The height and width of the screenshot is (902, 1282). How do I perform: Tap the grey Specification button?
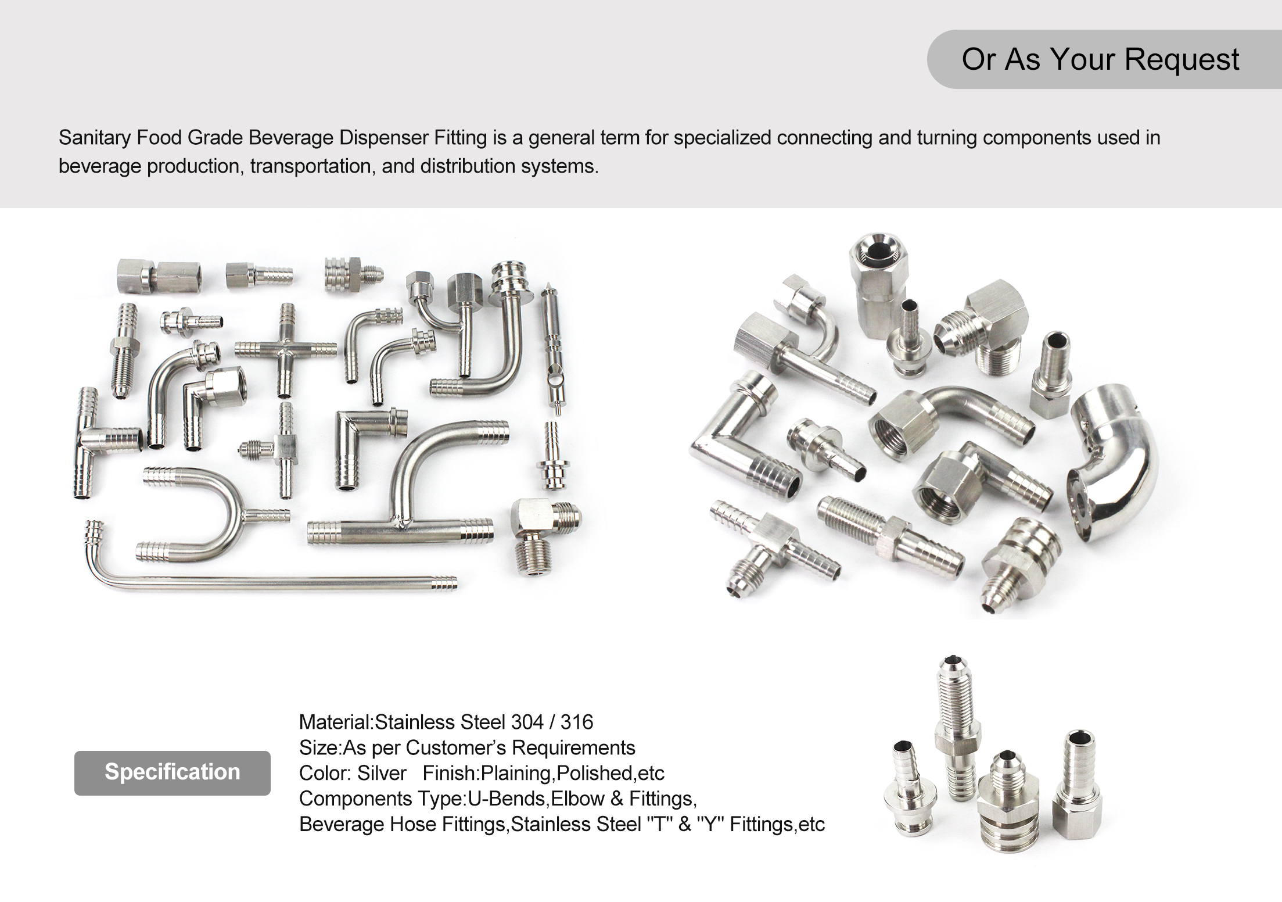(172, 772)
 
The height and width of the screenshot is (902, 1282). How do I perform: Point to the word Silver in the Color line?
(382, 774)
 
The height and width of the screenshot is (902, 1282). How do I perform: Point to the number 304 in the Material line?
(527, 722)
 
